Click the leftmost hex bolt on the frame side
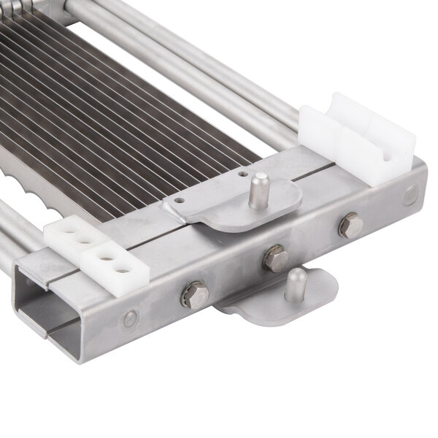195,294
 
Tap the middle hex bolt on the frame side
275,259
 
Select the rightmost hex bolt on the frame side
350,226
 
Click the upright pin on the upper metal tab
258,191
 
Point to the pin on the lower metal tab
296,285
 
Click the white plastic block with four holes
96,252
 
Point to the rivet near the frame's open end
131,318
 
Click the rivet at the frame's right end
410,194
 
